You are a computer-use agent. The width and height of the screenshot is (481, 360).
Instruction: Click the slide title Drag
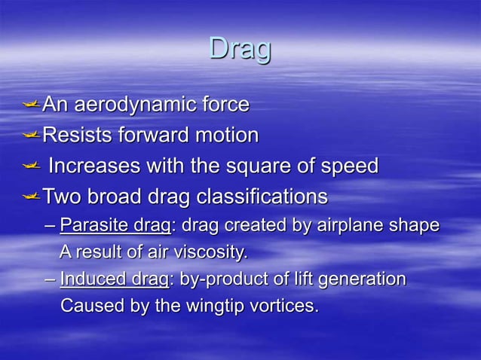point(240,50)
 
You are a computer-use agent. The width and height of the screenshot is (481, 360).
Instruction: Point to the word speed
point(346,166)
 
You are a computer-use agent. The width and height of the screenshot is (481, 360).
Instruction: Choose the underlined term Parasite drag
point(115,225)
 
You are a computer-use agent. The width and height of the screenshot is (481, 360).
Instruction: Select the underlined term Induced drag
point(114,279)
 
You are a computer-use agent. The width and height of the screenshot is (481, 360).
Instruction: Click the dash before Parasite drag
point(50,226)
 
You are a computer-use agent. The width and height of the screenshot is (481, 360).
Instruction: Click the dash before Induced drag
point(50,280)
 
